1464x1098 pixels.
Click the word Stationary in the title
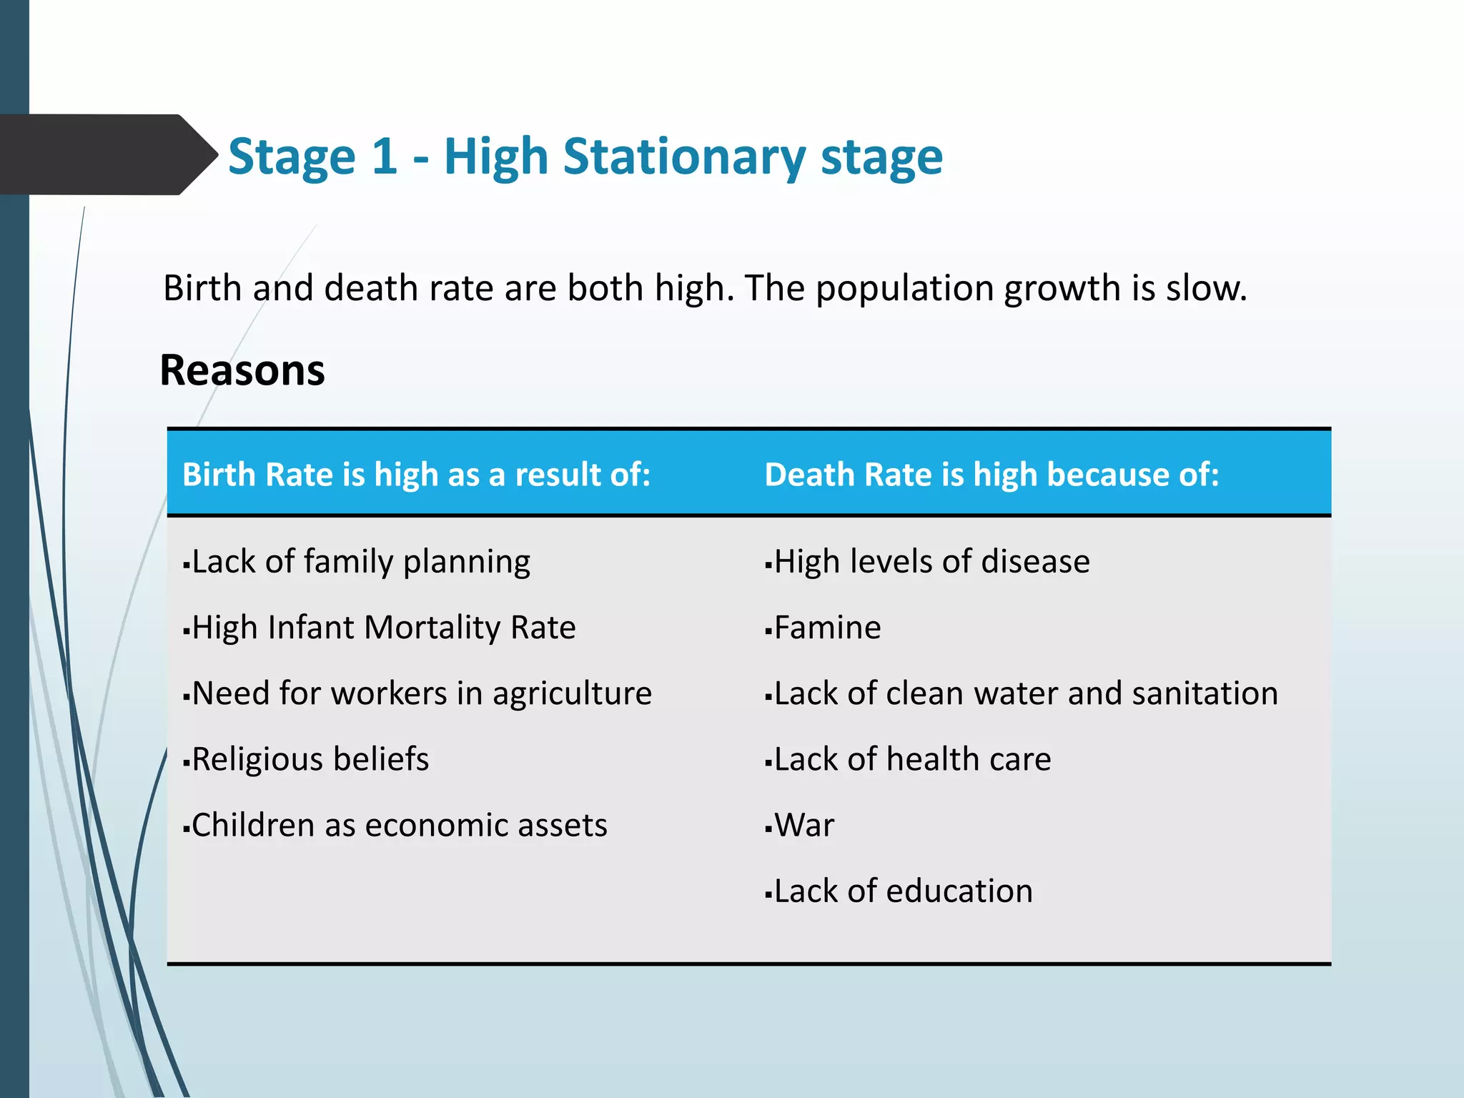pos(684,157)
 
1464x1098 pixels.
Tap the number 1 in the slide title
pos(384,157)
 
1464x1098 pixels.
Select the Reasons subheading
pos(242,370)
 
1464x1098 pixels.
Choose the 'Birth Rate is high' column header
pos(416,475)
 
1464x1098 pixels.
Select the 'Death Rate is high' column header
pos(991,475)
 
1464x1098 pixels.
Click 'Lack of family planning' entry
pos(360,562)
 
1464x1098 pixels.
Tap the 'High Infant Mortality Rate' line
pos(383,628)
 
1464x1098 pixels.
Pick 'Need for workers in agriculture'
pos(421,693)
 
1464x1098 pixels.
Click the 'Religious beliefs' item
pos(310,759)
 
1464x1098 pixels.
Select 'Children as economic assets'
pos(399,825)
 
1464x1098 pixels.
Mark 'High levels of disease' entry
pos(931,562)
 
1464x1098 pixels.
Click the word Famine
pos(827,628)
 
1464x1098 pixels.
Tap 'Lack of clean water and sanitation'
pos(1025,693)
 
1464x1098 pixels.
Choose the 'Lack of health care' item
pos(912,759)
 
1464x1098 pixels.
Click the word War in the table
pos(804,825)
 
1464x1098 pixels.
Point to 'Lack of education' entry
pos(903,891)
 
